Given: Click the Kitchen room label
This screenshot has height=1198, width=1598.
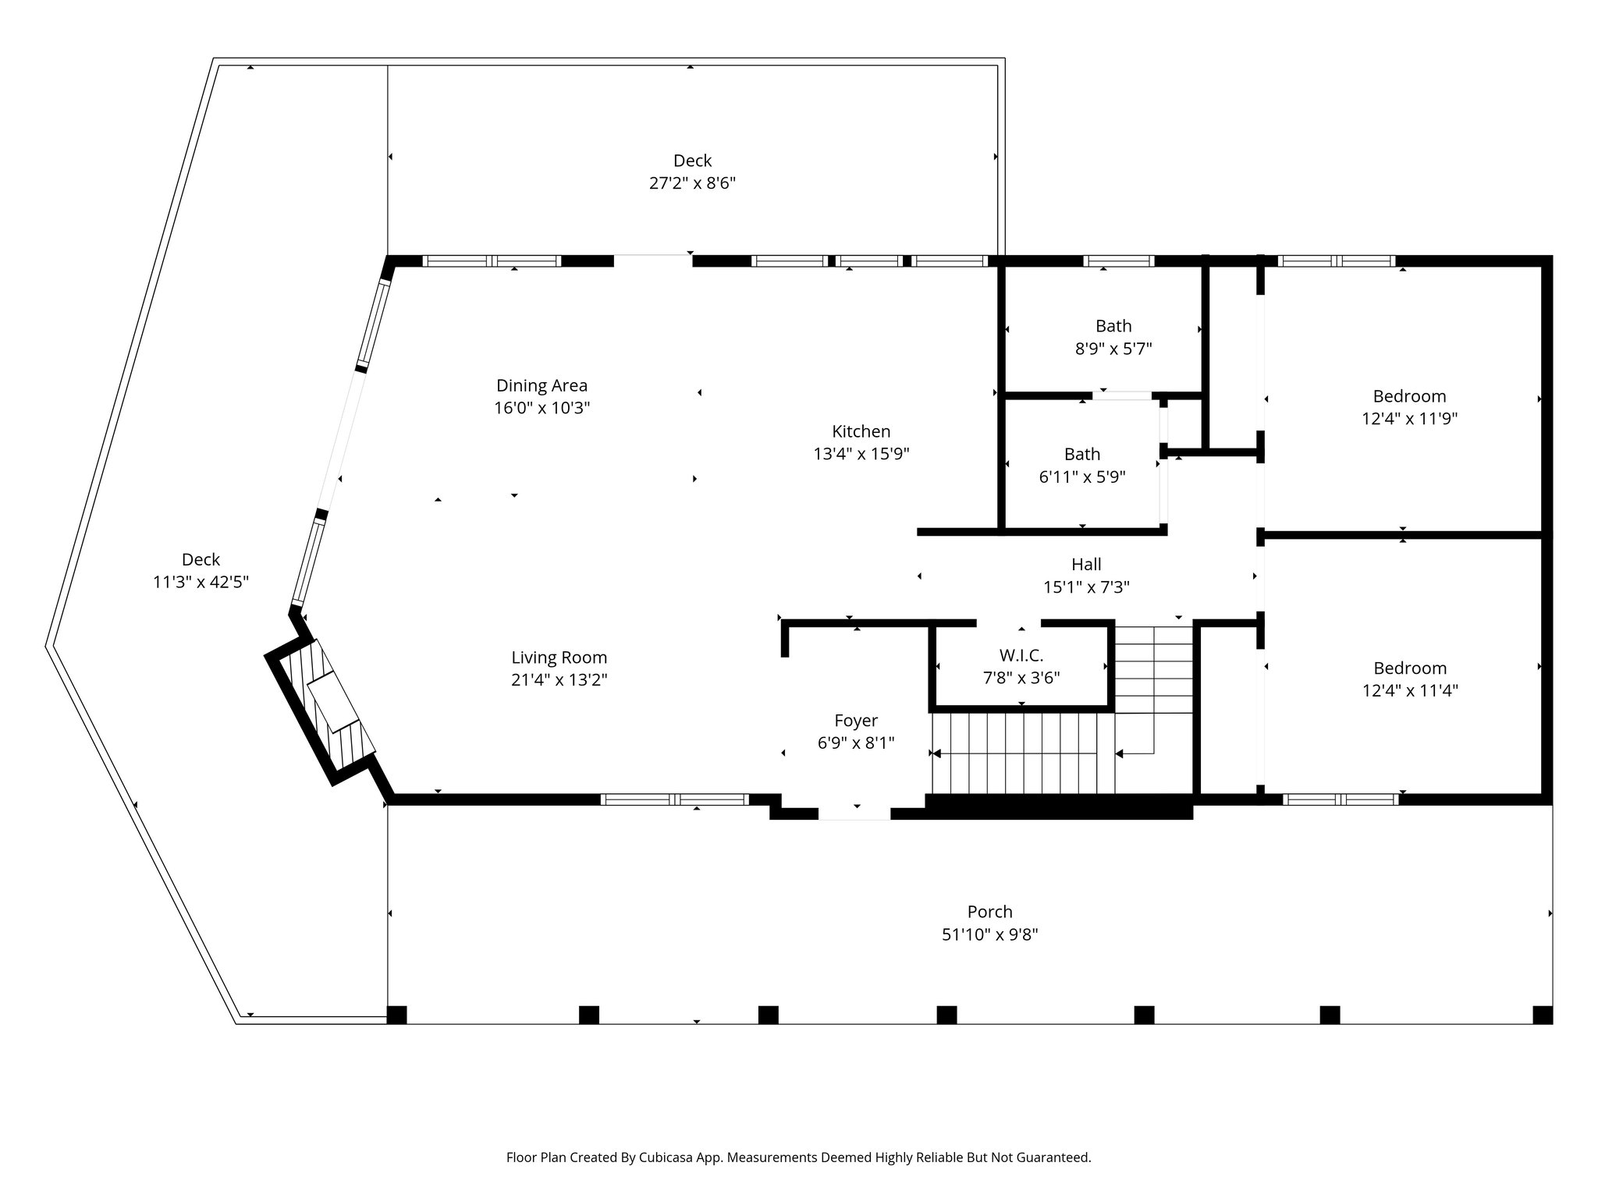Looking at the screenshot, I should click(861, 431).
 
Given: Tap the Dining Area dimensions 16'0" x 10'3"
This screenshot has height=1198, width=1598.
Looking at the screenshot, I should click(542, 408).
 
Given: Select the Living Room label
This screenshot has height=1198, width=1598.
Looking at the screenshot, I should click(559, 657).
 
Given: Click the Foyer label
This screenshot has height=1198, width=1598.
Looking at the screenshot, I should click(855, 721).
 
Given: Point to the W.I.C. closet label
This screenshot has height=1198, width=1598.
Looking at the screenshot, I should click(1021, 655).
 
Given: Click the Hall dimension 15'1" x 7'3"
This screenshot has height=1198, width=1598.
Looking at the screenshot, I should click(1086, 587).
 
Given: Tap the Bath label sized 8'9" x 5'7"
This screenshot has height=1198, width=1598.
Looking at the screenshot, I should click(1113, 326).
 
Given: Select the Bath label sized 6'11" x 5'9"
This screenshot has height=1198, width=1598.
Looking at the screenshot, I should click(1081, 454).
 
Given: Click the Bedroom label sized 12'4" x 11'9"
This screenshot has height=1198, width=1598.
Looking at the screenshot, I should click(1409, 396).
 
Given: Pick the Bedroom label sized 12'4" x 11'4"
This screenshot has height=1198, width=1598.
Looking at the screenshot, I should click(1409, 668).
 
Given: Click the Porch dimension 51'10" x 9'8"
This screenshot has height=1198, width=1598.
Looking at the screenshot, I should click(989, 934).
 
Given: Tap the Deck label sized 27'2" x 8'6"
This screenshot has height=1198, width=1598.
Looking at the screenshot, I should click(692, 161).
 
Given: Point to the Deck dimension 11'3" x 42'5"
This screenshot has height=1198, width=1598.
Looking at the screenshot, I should click(201, 582).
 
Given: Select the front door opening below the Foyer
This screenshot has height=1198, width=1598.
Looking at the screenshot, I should click(854, 813).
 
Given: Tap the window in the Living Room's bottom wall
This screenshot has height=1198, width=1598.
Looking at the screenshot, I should click(674, 799).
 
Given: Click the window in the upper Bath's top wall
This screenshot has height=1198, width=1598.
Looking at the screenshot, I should click(1118, 261).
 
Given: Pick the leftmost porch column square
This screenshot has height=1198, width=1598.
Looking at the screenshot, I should click(396, 1015).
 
